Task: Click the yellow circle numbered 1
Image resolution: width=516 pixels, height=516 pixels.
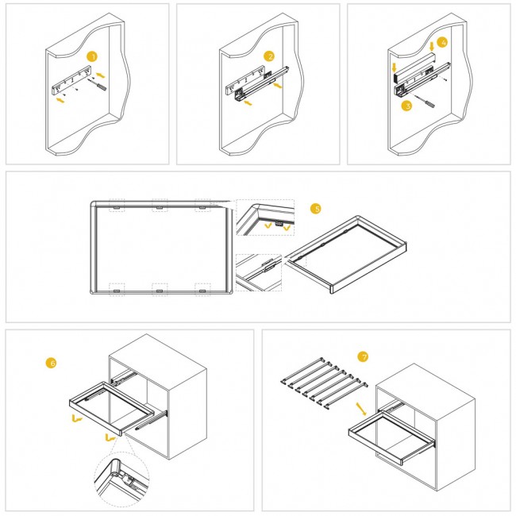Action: coord(93,57)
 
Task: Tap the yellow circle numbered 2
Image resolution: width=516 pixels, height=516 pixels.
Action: coord(269,56)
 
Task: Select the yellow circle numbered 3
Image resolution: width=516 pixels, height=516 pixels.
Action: coord(407,104)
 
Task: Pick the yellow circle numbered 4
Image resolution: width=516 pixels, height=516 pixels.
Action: coord(443,41)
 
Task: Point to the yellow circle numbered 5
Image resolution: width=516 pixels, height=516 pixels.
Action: coord(316,209)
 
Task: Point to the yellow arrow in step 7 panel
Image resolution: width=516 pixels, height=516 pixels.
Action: coord(361,410)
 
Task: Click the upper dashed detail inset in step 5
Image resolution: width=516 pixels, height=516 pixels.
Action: coord(265,218)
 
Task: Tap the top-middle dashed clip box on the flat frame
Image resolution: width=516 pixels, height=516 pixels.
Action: coord(159,205)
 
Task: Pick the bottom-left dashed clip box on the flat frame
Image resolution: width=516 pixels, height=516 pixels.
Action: coord(116,290)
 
